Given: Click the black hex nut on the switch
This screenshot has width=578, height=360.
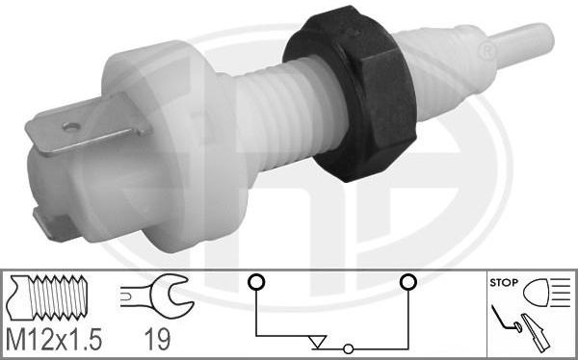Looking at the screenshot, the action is [351, 94].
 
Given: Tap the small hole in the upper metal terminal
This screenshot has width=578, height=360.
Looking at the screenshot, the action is [71, 127].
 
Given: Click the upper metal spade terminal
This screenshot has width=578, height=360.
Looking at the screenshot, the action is [87, 125].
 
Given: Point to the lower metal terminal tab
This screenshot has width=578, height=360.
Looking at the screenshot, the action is [53, 225].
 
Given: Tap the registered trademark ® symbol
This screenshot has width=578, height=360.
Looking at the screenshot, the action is [488, 52].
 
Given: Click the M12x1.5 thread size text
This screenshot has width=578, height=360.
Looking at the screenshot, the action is [54, 340].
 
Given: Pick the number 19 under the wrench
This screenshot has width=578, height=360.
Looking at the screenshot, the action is [157, 340].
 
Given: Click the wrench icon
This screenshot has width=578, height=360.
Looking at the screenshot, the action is [157, 296].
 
